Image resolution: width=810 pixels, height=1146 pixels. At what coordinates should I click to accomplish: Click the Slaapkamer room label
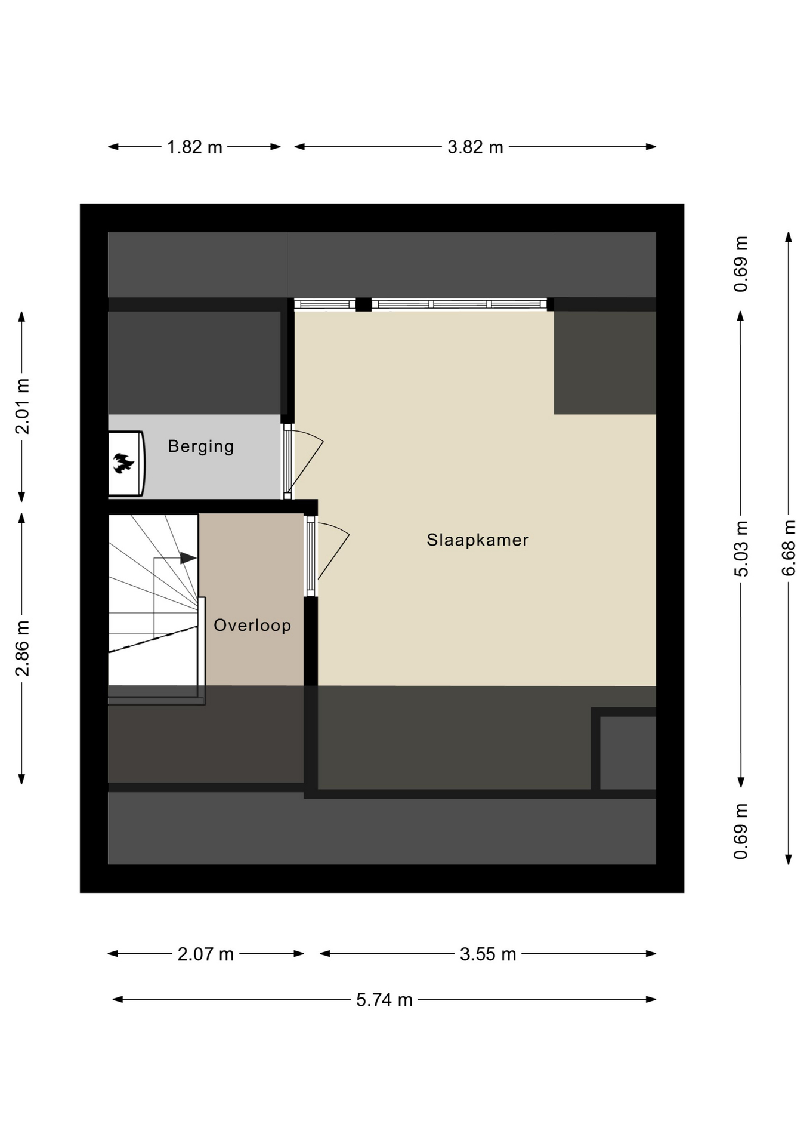pyautogui.click(x=478, y=540)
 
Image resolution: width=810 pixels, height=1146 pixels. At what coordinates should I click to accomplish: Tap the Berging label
pyautogui.click(x=201, y=446)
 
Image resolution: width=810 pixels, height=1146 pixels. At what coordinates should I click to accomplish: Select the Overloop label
pyautogui.click(x=252, y=626)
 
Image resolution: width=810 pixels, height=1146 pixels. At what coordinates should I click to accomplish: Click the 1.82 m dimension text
pyautogui.click(x=194, y=147)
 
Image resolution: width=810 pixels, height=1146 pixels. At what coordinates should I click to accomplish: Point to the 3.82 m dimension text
pyautogui.click(x=475, y=147)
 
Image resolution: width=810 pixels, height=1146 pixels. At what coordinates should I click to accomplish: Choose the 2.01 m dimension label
pyautogui.click(x=22, y=406)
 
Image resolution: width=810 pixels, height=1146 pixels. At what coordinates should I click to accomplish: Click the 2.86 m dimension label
pyautogui.click(x=22, y=649)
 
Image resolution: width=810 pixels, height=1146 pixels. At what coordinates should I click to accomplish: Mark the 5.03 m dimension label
pyautogui.click(x=741, y=549)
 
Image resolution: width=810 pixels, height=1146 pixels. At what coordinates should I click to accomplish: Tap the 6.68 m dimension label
pyautogui.click(x=789, y=548)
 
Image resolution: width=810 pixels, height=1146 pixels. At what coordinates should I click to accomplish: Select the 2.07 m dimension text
pyautogui.click(x=206, y=954)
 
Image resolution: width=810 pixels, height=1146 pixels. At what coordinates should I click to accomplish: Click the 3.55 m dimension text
pyautogui.click(x=488, y=954)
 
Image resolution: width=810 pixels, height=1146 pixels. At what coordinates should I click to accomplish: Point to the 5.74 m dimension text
pyautogui.click(x=385, y=999)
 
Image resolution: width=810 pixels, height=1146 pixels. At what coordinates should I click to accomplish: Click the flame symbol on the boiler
pyautogui.click(x=123, y=463)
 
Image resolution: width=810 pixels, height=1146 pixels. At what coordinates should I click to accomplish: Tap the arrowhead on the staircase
pyautogui.click(x=188, y=558)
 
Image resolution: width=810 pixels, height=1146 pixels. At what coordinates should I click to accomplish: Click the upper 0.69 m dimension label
pyautogui.click(x=741, y=264)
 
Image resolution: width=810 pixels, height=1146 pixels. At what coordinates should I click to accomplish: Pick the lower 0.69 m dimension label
pyautogui.click(x=741, y=831)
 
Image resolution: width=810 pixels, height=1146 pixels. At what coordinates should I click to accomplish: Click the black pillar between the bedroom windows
pyautogui.click(x=363, y=304)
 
